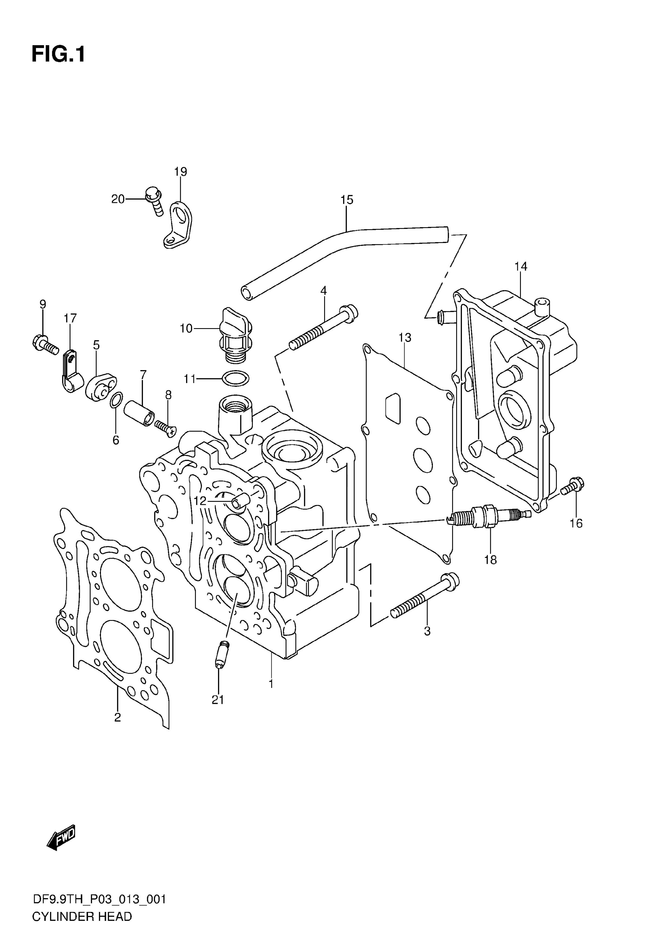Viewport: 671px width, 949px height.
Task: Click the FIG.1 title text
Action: point(58,54)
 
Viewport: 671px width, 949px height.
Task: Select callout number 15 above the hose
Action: point(347,200)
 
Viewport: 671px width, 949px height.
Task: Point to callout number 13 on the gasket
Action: point(405,338)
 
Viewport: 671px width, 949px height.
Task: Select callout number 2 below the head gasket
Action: point(117,717)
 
